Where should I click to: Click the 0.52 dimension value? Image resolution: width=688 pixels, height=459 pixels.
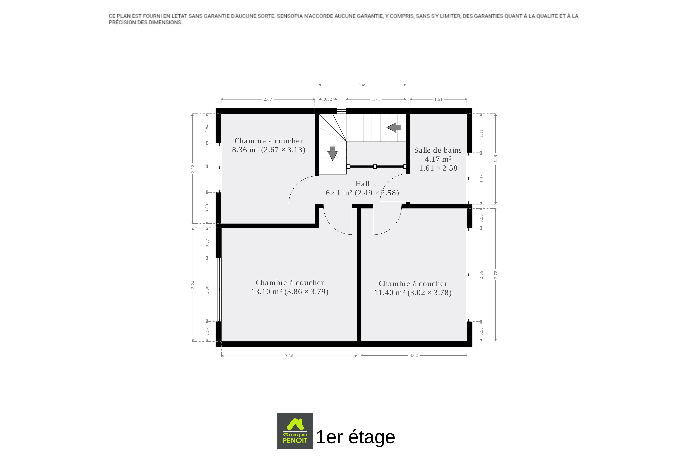pyautogui.click(x=328, y=99)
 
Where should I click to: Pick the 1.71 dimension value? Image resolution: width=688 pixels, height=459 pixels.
pyautogui.click(x=376, y=99)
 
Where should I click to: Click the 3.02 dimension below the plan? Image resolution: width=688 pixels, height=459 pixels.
pyautogui.click(x=414, y=355)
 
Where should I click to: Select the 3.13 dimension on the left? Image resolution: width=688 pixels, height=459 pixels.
pyautogui.click(x=193, y=169)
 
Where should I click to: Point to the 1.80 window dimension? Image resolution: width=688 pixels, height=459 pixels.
pyautogui.click(x=207, y=290)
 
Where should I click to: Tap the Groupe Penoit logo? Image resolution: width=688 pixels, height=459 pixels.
pyautogui.click(x=295, y=431)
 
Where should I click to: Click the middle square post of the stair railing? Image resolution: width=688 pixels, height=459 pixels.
pyautogui.click(x=375, y=167)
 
